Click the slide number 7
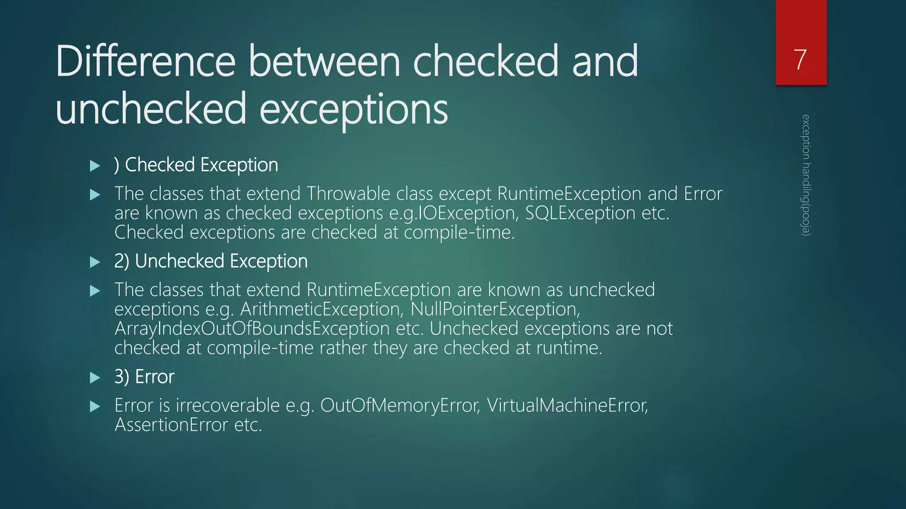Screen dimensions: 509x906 tap(800, 60)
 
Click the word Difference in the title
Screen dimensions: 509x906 tap(146, 61)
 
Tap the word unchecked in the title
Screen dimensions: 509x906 tap(150, 109)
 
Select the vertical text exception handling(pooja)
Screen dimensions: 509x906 tap(806, 175)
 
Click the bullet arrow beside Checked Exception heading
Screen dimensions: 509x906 tap(95, 166)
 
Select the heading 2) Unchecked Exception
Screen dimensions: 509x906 tap(211, 261)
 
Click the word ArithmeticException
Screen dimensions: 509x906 tap(322, 309)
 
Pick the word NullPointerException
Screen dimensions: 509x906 tap(495, 309)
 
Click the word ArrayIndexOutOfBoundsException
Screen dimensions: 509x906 tap(252, 328)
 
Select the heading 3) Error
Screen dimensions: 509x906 tap(144, 377)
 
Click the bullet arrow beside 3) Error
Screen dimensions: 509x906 tap(95, 378)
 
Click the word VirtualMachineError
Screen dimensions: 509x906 tap(567, 405)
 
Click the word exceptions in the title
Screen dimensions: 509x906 tap(354, 109)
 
